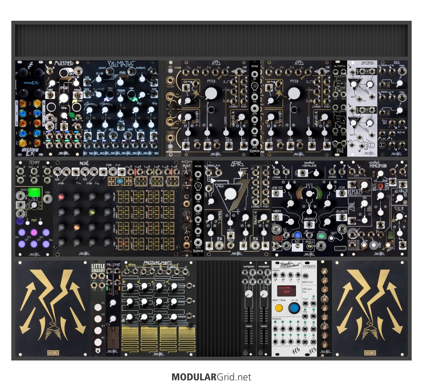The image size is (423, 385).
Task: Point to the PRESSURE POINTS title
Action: coord(163,263)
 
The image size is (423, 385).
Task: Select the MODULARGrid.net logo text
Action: coord(211,377)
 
